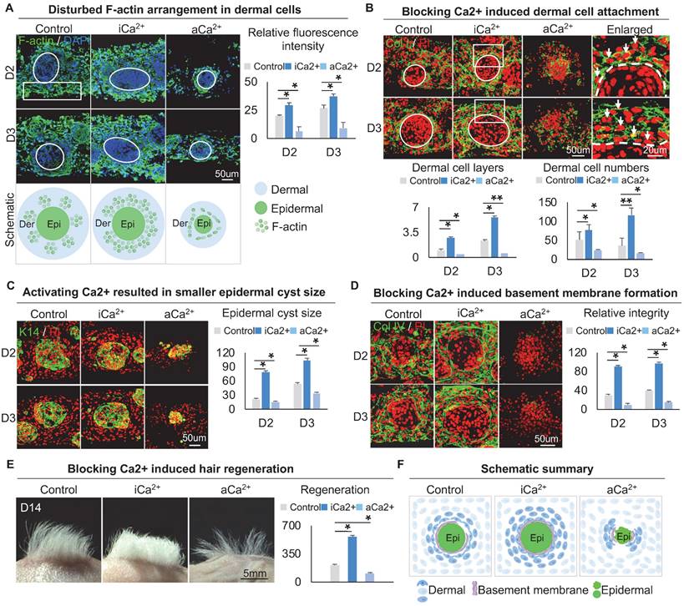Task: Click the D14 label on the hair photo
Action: click(x=32, y=507)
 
